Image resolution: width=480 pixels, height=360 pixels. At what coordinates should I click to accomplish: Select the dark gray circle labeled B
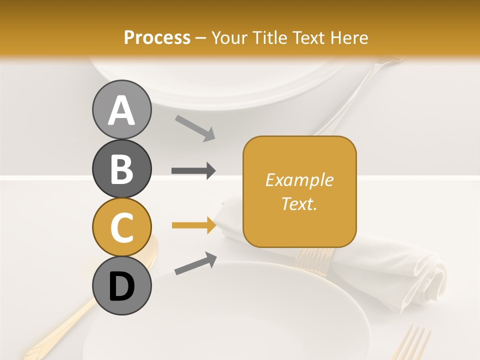tap(121, 168)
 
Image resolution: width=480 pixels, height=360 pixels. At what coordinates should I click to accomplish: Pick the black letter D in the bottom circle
tap(121, 285)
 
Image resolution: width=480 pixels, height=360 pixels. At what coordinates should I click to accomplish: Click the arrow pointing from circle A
tap(195, 128)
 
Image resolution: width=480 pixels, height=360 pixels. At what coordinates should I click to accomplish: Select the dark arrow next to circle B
tap(193, 170)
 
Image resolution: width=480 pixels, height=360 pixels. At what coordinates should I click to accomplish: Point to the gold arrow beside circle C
tap(193, 225)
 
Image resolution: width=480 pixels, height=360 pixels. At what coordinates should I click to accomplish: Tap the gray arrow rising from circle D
tap(195, 263)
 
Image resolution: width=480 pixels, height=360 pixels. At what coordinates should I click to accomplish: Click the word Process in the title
tap(157, 37)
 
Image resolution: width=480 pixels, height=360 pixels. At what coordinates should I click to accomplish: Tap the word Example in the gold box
tap(299, 180)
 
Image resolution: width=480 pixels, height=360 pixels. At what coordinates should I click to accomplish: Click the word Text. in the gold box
tap(299, 203)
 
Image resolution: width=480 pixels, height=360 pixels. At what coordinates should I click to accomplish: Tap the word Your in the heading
tap(229, 37)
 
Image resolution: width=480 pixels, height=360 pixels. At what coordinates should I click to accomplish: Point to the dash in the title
tap(201, 38)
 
